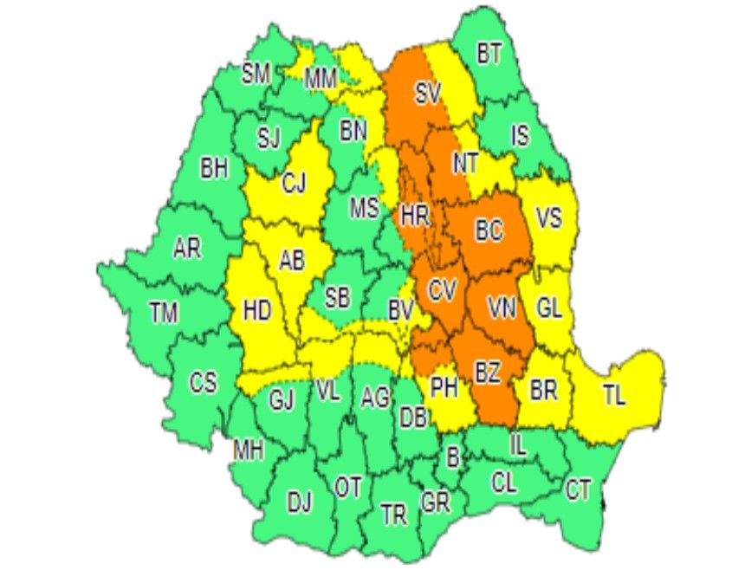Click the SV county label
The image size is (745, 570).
pyautogui.click(x=428, y=93)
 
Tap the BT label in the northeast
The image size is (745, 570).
pyautogui.click(x=489, y=55)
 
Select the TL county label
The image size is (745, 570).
pyautogui.click(x=614, y=398)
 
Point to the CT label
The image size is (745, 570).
pyautogui.click(x=578, y=491)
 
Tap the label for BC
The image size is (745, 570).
pyautogui.click(x=489, y=230)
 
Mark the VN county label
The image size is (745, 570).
pyautogui.click(x=503, y=308)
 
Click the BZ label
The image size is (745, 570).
pyautogui.click(x=488, y=373)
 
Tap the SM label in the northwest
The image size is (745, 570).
pyautogui.click(x=256, y=74)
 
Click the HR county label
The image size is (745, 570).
pyautogui.click(x=415, y=214)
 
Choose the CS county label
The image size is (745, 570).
pyautogui.click(x=204, y=382)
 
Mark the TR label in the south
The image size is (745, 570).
pyautogui.click(x=394, y=515)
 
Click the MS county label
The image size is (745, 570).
pyautogui.click(x=365, y=208)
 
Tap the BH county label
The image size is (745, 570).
pyautogui.click(x=214, y=169)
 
